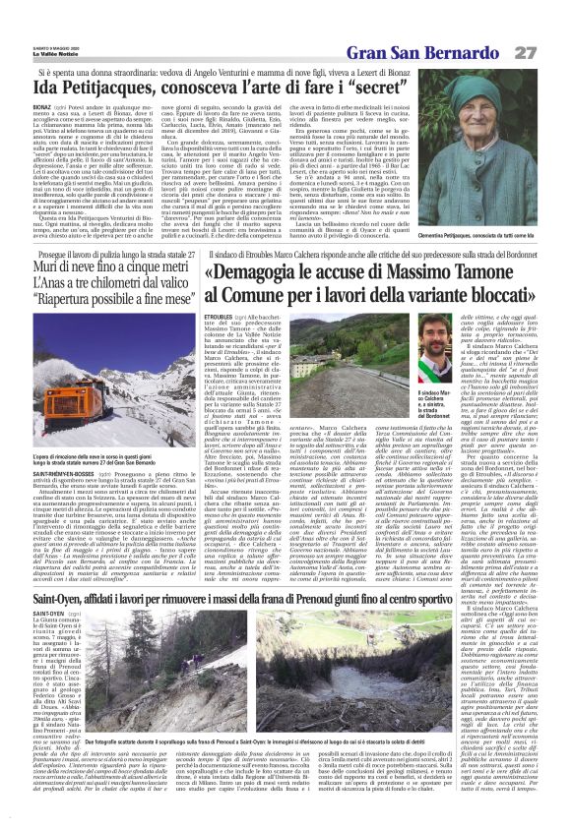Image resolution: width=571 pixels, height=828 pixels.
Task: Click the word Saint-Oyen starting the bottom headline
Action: (73, 569)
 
